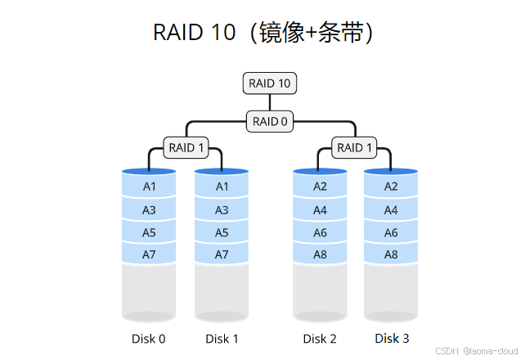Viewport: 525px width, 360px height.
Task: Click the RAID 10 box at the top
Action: point(269,83)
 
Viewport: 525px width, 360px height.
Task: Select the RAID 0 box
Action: point(269,121)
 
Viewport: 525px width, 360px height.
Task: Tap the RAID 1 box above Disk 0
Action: point(186,148)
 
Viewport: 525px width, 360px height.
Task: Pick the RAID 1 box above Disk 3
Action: point(354,148)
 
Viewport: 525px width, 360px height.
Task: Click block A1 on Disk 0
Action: point(149,187)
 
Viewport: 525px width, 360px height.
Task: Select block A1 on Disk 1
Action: point(222,187)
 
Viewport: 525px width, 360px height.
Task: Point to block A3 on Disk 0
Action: point(149,210)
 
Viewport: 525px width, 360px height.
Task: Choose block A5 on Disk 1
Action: point(222,232)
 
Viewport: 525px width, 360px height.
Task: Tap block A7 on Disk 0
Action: point(149,254)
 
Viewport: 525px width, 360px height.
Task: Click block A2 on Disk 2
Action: point(320,187)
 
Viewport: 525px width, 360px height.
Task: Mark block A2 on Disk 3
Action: point(391,187)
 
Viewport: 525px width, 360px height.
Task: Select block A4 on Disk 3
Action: point(391,210)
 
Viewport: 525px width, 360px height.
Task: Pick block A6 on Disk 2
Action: point(320,232)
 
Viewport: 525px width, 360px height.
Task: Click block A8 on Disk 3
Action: point(391,254)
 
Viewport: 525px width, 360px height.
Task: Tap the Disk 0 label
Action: point(149,339)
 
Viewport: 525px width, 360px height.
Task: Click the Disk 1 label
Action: point(222,339)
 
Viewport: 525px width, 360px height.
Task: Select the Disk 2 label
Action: point(320,339)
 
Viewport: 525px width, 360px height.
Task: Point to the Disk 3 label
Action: point(392,338)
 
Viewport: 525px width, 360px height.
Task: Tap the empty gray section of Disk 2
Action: point(320,290)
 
